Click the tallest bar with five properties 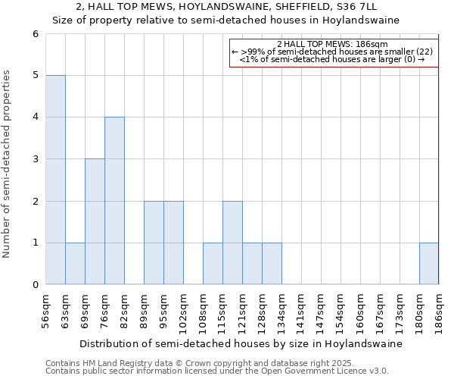(x=55, y=180)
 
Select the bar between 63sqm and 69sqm (x=75, y=264)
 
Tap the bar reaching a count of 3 (x=95, y=221)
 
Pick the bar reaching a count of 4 (x=114, y=201)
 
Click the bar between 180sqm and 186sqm (x=429, y=264)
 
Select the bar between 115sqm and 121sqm (x=232, y=243)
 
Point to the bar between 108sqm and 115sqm (x=213, y=264)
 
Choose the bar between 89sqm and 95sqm (x=154, y=243)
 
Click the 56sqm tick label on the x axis (x=46, y=309)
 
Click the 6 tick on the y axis (x=35, y=34)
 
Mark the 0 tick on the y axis (x=35, y=285)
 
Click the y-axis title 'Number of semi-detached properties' (x=8, y=164)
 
